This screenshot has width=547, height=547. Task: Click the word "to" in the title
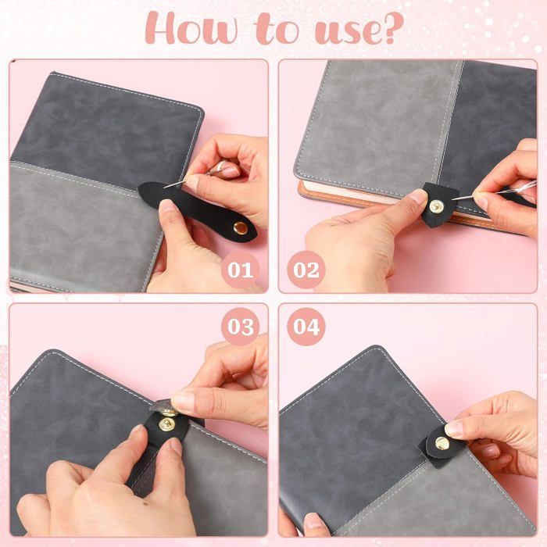[277, 30]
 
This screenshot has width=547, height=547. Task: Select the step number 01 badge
[241, 270]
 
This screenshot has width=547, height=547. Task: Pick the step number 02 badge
[306, 270]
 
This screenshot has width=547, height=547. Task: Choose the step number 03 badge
[241, 327]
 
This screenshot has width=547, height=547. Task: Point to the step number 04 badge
[306, 327]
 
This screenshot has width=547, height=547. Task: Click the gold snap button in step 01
[241, 228]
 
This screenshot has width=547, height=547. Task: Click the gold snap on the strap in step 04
[442, 443]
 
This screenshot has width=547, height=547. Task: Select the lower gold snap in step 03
[166, 424]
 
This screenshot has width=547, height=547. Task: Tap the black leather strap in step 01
[198, 209]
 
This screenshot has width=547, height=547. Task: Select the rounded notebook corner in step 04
[377, 349]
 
